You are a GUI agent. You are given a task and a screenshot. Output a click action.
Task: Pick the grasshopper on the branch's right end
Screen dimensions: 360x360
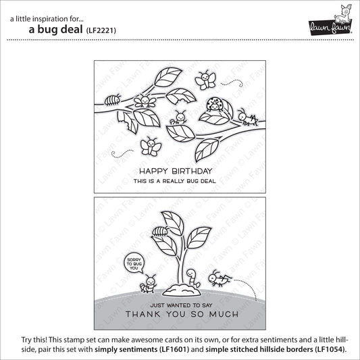(250, 120)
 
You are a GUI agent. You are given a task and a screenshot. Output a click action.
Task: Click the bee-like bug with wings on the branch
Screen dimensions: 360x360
(143, 101)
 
